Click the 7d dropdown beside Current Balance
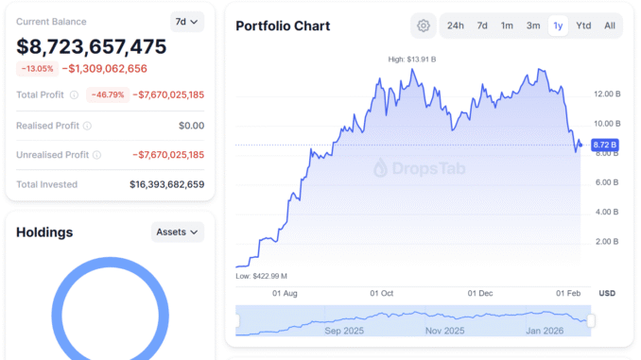[186, 21]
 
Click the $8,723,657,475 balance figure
[92, 46]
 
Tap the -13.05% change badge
[37, 68]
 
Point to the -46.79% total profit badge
[107, 94]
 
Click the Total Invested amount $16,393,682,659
[166, 184]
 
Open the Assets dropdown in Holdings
[177, 231]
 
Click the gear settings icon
[424, 26]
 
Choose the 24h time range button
[456, 26]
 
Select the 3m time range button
[533, 26]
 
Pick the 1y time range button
[558, 26]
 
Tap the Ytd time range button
[583, 26]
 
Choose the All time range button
[609, 26]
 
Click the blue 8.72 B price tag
[604, 146]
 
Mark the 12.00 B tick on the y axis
[606, 94]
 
